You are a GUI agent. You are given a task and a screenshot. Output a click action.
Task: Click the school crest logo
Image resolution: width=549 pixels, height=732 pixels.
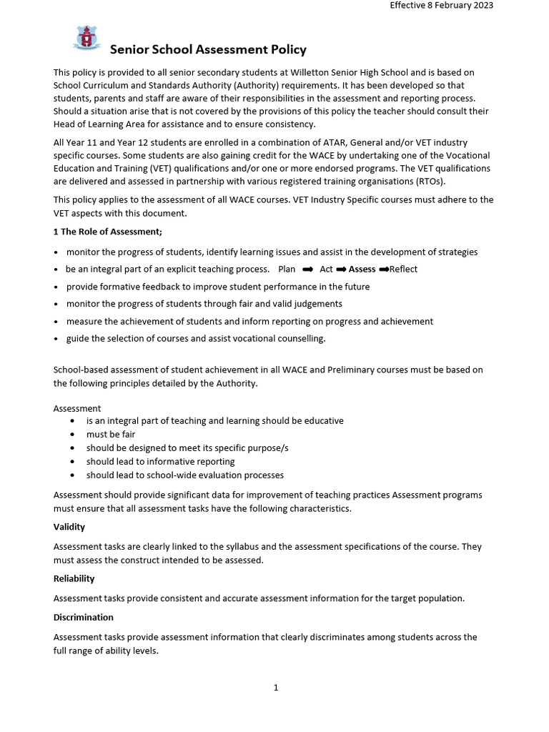point(86,38)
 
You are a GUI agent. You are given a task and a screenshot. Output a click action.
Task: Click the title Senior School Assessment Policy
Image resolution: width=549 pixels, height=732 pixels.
point(207,49)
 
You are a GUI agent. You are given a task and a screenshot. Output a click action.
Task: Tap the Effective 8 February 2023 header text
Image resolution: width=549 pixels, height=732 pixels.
point(441,5)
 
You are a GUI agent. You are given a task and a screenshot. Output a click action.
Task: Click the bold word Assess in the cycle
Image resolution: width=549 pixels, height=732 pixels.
point(362,269)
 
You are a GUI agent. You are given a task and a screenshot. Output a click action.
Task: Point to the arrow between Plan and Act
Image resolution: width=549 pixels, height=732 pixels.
point(308,269)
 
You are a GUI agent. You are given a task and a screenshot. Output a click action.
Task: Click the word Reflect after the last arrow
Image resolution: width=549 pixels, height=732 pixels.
point(403,269)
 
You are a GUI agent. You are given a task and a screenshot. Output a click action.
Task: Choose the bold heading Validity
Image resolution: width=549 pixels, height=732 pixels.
point(69,527)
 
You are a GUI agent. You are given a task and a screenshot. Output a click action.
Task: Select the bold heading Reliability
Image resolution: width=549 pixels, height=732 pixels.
point(74,578)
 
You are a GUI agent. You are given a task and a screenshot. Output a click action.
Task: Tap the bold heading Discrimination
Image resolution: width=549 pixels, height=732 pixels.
point(84,617)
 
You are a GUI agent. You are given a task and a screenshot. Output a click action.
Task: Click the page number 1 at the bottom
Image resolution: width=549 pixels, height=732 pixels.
point(276,688)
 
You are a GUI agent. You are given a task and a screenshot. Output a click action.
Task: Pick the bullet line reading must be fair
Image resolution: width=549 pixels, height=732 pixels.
point(111,434)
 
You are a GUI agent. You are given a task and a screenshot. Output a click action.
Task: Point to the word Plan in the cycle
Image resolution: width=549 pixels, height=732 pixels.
point(287,269)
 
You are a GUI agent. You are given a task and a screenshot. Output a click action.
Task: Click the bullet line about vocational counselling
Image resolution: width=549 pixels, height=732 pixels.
point(196,339)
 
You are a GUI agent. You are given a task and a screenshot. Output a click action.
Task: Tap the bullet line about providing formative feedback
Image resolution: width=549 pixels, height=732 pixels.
point(218,287)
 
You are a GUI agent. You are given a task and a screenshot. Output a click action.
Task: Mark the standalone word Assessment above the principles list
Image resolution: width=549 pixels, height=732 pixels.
point(77,408)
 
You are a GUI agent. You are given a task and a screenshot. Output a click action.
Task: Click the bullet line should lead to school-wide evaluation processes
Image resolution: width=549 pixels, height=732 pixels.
point(185,475)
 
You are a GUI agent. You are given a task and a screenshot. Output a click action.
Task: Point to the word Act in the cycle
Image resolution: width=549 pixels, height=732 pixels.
point(326,269)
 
